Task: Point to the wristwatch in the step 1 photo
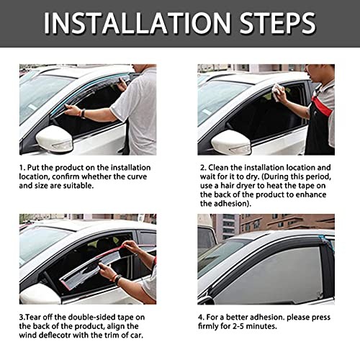click(x=83, y=113)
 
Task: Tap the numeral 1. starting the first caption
click(x=23, y=166)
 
